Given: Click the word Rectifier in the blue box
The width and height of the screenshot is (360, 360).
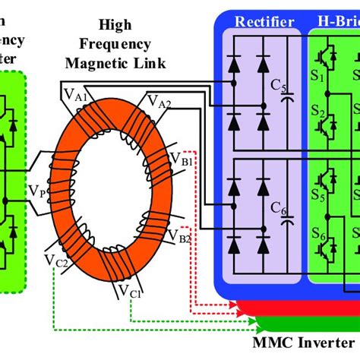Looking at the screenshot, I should point(264,21).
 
